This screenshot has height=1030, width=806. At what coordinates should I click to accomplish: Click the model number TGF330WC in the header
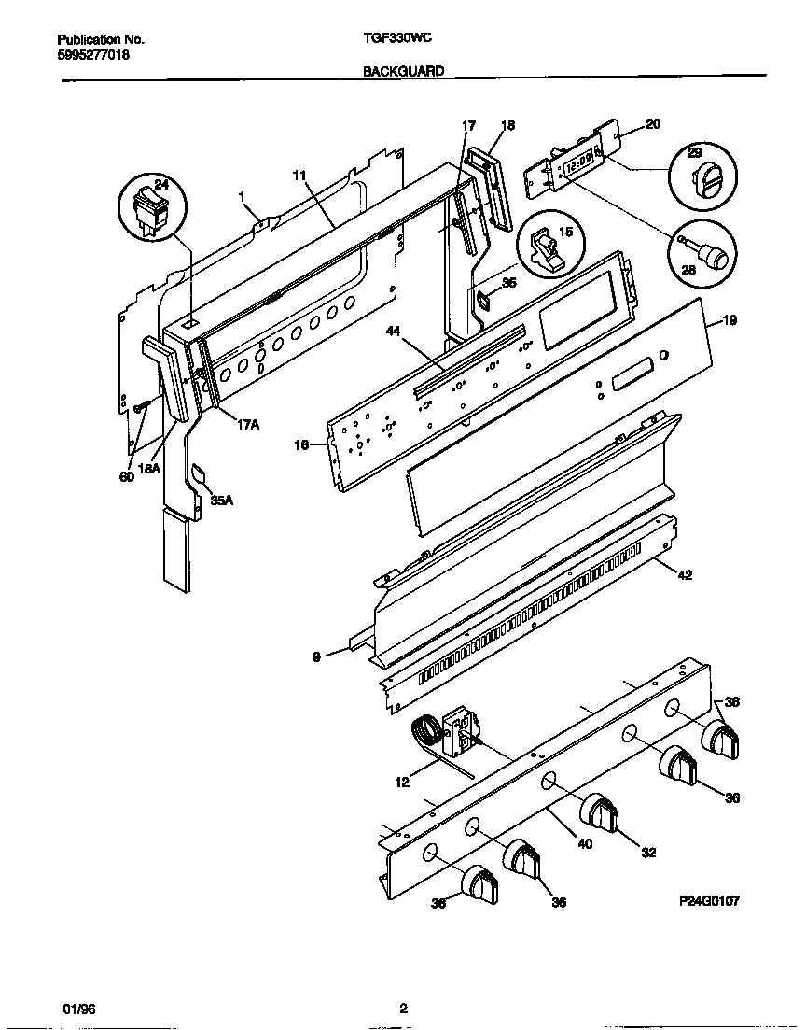pyautogui.click(x=396, y=40)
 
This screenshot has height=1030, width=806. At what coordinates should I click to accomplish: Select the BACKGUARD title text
pyautogui.click(x=403, y=70)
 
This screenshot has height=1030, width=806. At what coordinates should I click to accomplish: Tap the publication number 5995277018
pyautogui.click(x=93, y=55)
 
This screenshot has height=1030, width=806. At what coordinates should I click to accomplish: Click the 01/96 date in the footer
pyautogui.click(x=76, y=1009)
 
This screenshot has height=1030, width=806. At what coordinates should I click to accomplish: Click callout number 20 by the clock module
pyautogui.click(x=652, y=124)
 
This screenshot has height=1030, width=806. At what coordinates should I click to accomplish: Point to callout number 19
pyautogui.click(x=730, y=320)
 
